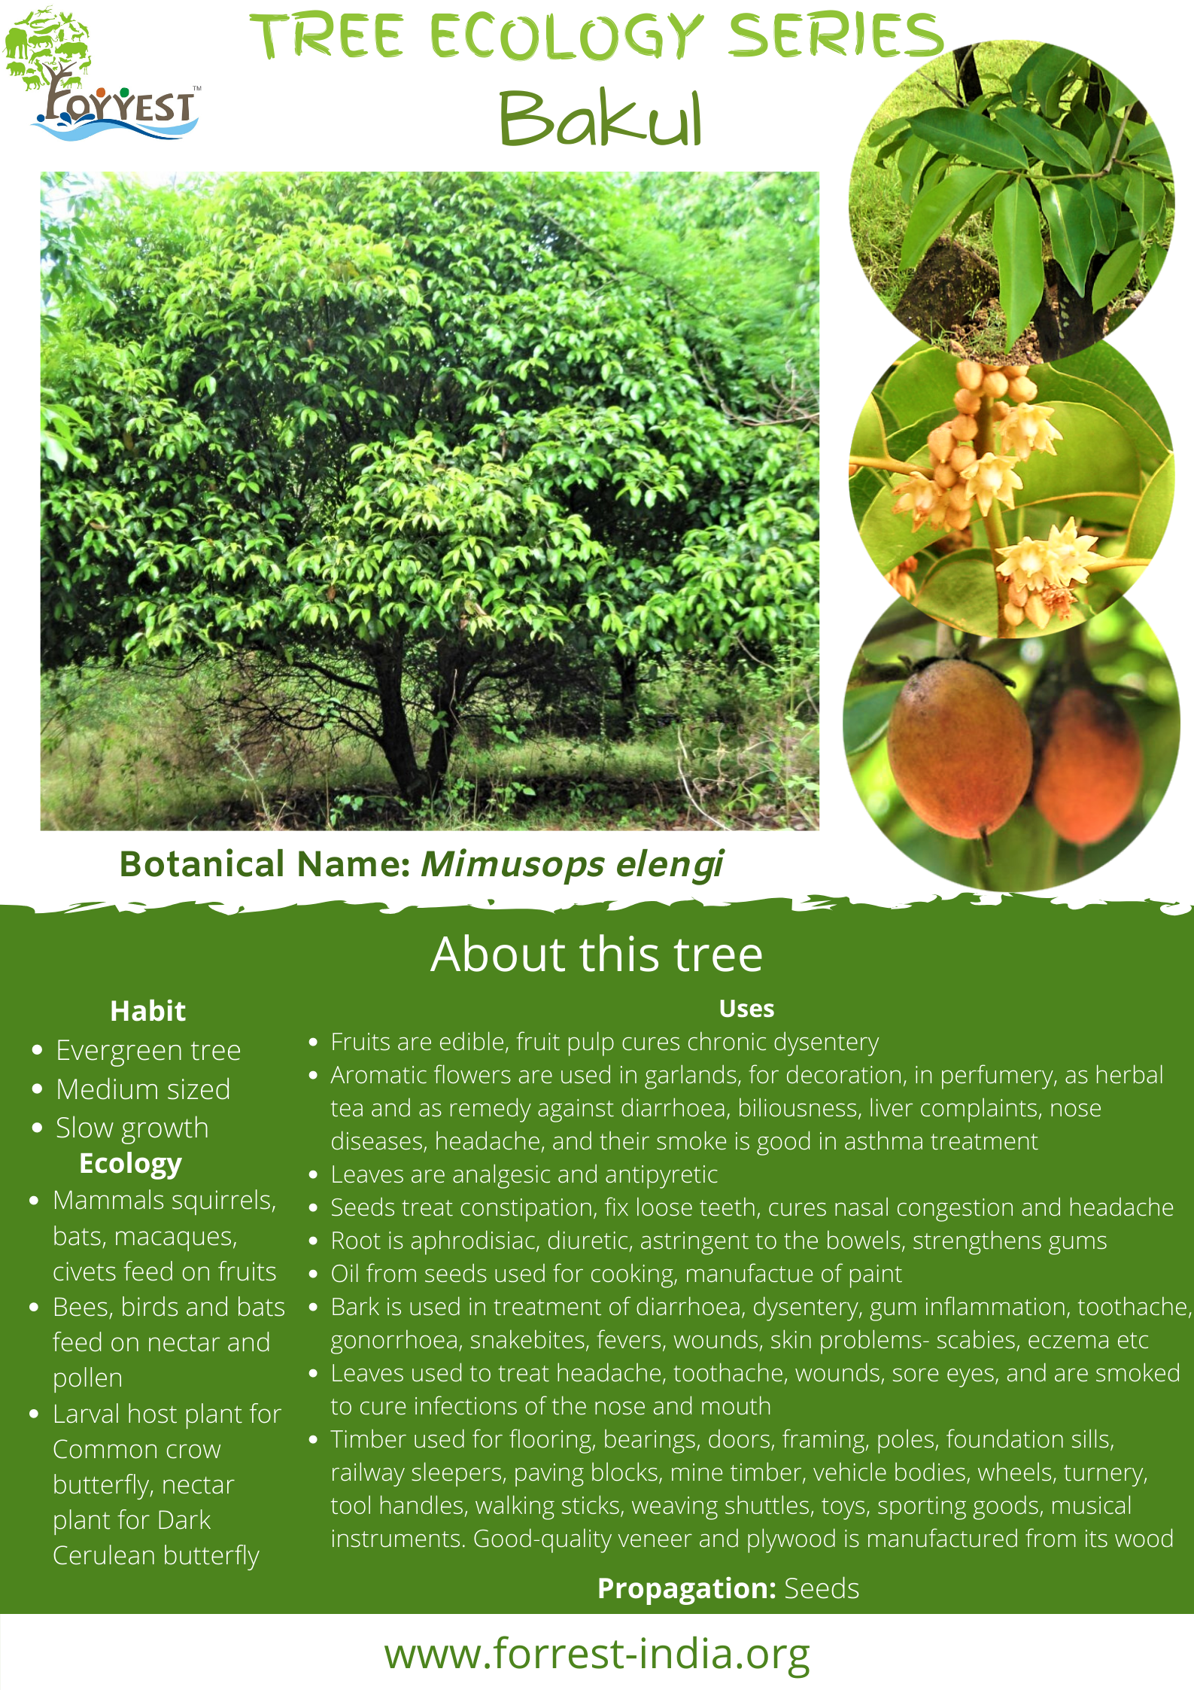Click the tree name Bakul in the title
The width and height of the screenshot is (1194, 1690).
pos(601,118)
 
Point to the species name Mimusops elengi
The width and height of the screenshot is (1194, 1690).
pos(572,864)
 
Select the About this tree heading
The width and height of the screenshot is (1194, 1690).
pos(597,954)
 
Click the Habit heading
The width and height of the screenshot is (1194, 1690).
pos(147,1010)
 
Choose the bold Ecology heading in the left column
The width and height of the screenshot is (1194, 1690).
pos(130,1164)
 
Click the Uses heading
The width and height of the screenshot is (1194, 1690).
pos(746,1008)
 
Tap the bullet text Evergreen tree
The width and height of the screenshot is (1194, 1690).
pos(148,1050)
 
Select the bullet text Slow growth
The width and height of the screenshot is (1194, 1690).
pos(132,1128)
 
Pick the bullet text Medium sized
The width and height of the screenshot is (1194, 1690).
pos(143,1089)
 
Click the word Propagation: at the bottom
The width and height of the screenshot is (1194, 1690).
pos(686,1588)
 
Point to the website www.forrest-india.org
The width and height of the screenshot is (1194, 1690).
pos(597,1655)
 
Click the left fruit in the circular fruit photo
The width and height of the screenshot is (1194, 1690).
pos(959,748)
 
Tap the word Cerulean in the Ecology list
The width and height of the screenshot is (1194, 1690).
pos(103,1555)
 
